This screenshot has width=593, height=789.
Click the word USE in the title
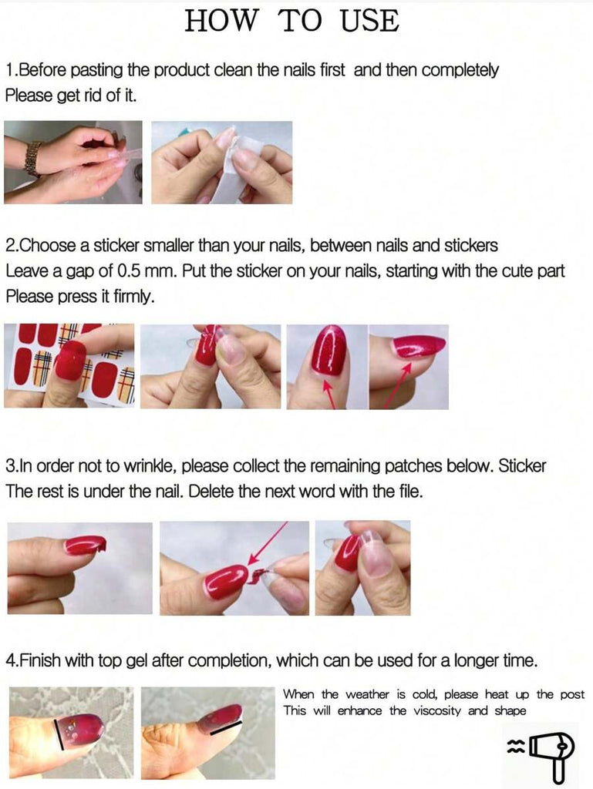pos(370,21)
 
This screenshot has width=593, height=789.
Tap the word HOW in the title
pos(221,21)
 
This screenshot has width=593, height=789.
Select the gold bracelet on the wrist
pos(33,159)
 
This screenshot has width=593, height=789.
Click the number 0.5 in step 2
pos(129,271)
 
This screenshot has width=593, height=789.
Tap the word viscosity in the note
pos(437,711)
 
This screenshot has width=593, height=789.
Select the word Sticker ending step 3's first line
pos(522,466)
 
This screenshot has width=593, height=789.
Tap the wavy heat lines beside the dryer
pos(514,747)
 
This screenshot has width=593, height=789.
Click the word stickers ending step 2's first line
pos(470,246)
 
